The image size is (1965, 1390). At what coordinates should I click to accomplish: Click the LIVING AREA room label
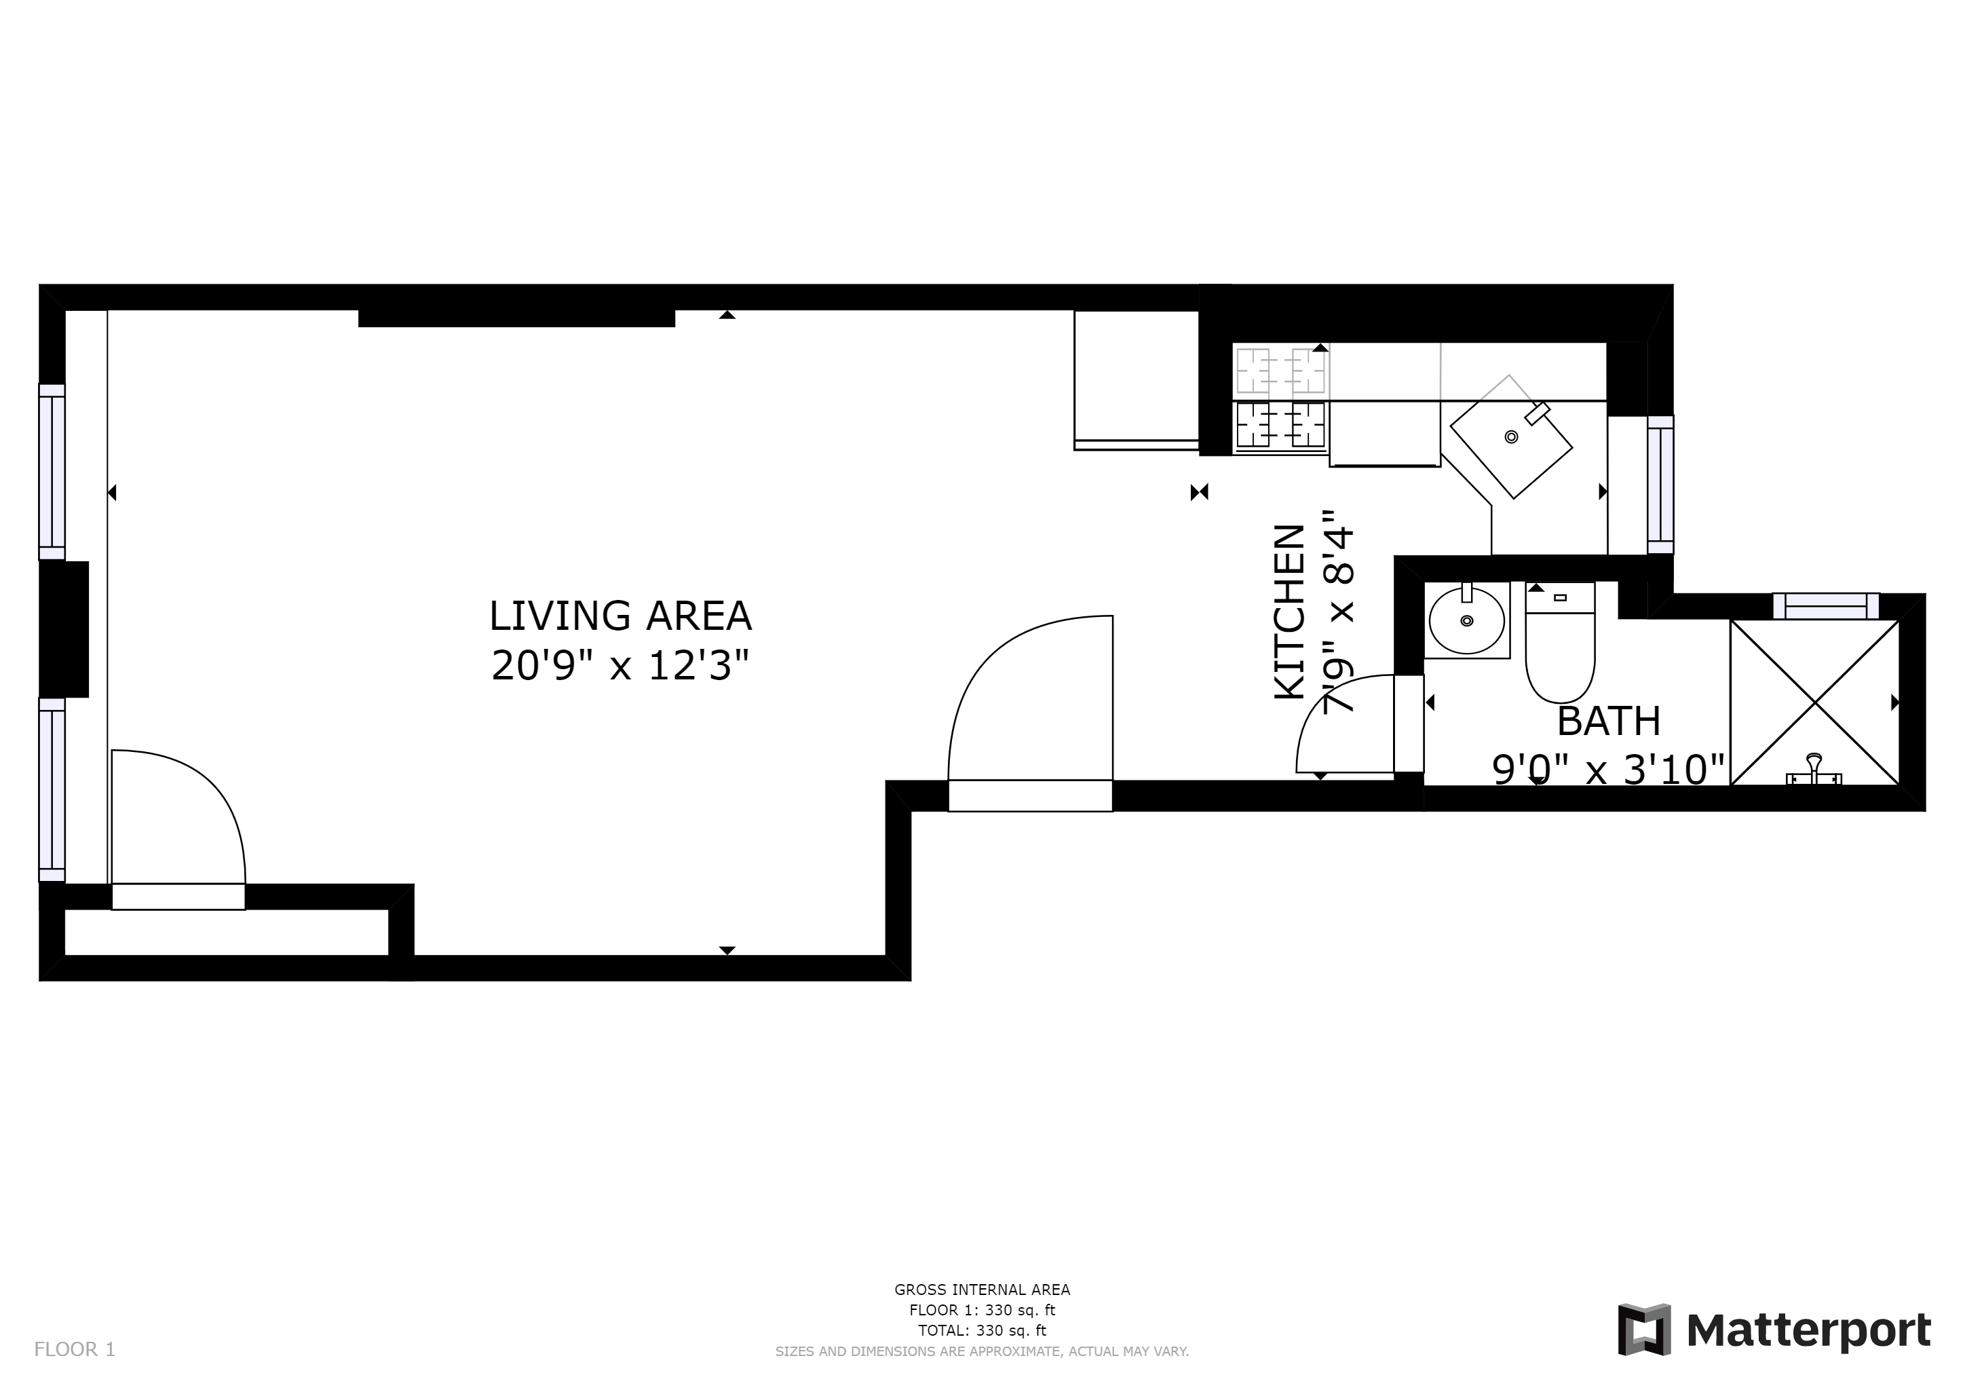click(619, 616)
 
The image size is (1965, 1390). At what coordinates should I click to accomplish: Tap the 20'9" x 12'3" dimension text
click(619, 665)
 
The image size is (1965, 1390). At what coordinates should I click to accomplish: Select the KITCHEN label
click(1290, 612)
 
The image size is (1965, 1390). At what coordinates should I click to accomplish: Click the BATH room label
click(1608, 721)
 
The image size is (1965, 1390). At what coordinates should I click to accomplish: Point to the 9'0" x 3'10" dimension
click(1608, 770)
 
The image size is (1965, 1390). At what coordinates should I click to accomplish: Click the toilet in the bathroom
click(1560, 642)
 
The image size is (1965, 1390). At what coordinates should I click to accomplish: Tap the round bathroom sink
click(1467, 620)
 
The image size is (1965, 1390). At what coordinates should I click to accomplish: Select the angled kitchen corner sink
click(1510, 436)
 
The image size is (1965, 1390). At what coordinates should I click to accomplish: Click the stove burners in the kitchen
click(1280, 397)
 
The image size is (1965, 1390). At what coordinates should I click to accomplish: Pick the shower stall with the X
click(1815, 702)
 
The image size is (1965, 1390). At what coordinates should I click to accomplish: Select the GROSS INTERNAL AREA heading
click(982, 1289)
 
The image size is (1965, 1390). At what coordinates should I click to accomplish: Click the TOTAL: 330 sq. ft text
click(982, 1330)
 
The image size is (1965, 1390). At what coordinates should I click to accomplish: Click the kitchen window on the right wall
click(1660, 485)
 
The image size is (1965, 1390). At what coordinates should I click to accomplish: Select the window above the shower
click(1825, 606)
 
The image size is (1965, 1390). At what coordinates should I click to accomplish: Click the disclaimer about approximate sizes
click(982, 1351)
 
